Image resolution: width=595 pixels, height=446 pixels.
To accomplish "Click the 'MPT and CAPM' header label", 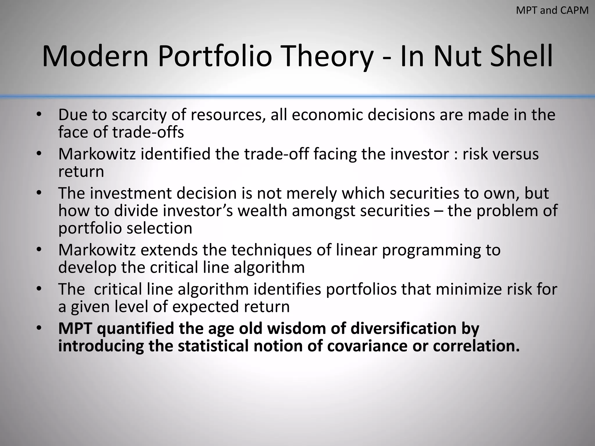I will click(552, 10).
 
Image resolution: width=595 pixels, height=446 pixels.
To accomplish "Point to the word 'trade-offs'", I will click(148, 132).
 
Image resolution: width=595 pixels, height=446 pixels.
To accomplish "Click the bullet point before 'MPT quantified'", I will click(39, 328).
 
